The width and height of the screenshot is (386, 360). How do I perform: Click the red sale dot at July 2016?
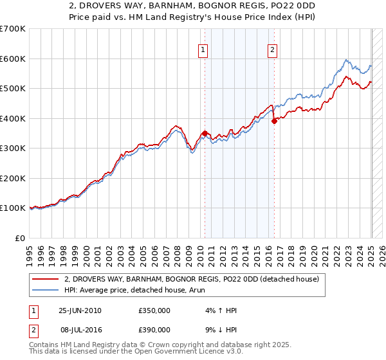click(274, 121)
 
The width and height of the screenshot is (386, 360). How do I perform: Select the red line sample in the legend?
click(47, 279)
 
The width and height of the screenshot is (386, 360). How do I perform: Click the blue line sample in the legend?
click(47, 290)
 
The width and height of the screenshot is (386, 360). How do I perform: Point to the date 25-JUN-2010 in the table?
click(80, 310)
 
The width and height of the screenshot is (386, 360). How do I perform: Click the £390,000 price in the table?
click(154, 330)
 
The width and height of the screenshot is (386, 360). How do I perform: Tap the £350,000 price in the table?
click(154, 310)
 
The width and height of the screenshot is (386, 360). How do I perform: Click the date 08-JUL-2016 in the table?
click(80, 330)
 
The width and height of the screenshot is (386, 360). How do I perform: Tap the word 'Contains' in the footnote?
click(44, 346)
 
